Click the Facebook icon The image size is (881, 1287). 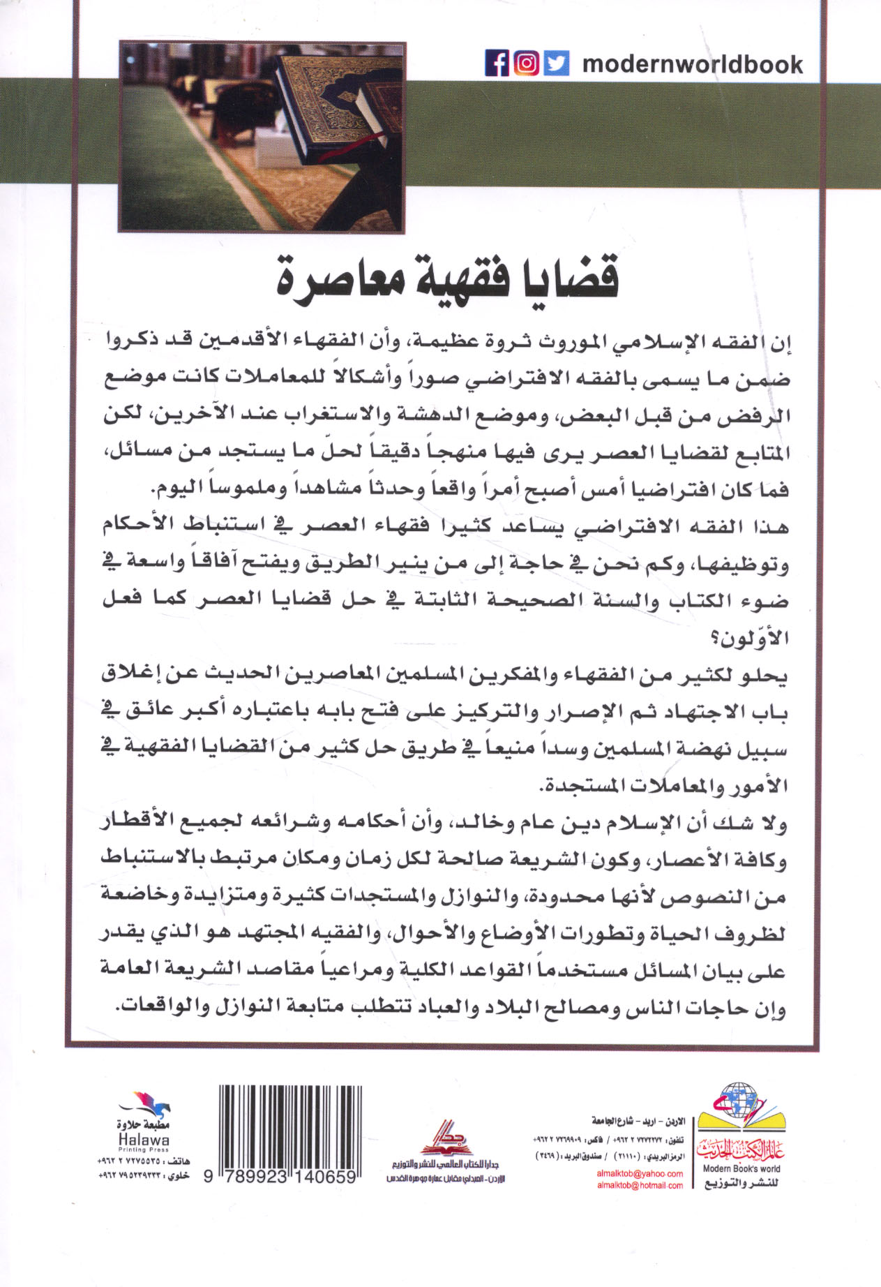[497, 64]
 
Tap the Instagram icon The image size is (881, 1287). [527, 64]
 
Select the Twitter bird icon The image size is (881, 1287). [557, 64]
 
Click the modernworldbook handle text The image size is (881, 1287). [692, 65]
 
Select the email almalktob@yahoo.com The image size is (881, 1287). [640, 1173]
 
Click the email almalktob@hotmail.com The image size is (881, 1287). [640, 1185]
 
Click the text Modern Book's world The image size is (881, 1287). [741, 1168]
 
